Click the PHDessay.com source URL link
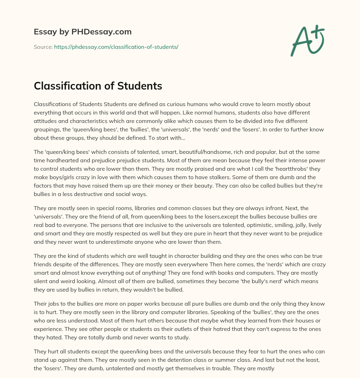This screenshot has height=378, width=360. pos(116,47)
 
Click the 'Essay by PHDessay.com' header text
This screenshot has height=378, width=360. pos(83,32)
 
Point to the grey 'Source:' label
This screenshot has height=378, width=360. pos(43,47)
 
